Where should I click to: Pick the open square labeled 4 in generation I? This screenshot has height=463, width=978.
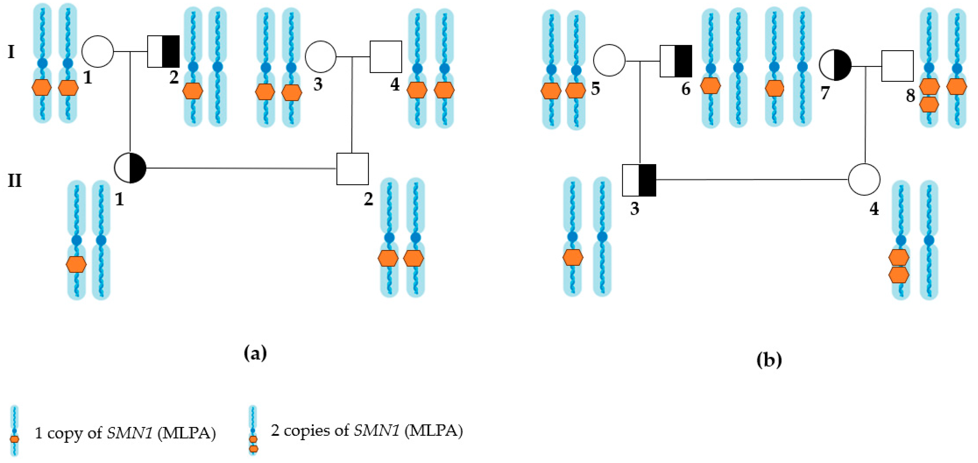click(x=386, y=57)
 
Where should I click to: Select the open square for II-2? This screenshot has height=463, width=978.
click(x=352, y=169)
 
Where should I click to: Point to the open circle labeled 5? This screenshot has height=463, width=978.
click(x=609, y=60)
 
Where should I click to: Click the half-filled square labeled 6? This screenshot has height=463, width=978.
click(x=676, y=61)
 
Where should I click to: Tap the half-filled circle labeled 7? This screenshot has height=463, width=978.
click(x=835, y=65)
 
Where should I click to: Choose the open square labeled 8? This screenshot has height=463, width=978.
click(x=897, y=66)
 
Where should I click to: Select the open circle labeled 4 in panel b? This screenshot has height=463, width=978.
click(x=864, y=179)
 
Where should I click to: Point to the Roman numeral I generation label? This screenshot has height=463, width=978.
click(x=11, y=52)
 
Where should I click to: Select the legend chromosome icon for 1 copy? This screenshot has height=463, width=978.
click(x=14, y=430)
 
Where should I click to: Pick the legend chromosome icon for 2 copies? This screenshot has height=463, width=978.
click(x=253, y=430)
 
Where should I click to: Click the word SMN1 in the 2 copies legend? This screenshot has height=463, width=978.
click(x=376, y=431)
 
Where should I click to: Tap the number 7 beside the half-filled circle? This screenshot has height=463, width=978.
click(x=825, y=93)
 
